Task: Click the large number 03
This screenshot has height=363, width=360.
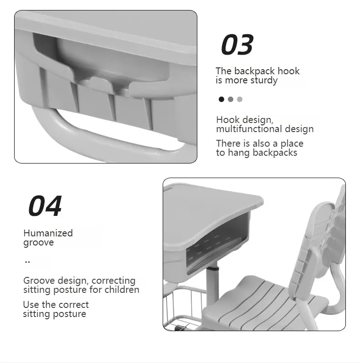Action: click(x=237, y=45)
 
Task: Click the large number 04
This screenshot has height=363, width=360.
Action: click(x=45, y=206)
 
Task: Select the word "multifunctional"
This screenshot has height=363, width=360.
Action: click(x=250, y=129)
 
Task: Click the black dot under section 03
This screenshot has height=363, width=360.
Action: click(x=221, y=99)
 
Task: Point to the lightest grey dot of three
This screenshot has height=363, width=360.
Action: click(x=240, y=99)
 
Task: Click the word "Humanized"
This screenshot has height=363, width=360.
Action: click(x=48, y=233)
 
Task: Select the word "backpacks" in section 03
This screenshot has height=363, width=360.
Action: click(x=275, y=153)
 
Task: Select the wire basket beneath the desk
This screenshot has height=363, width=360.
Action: click(x=182, y=310)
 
